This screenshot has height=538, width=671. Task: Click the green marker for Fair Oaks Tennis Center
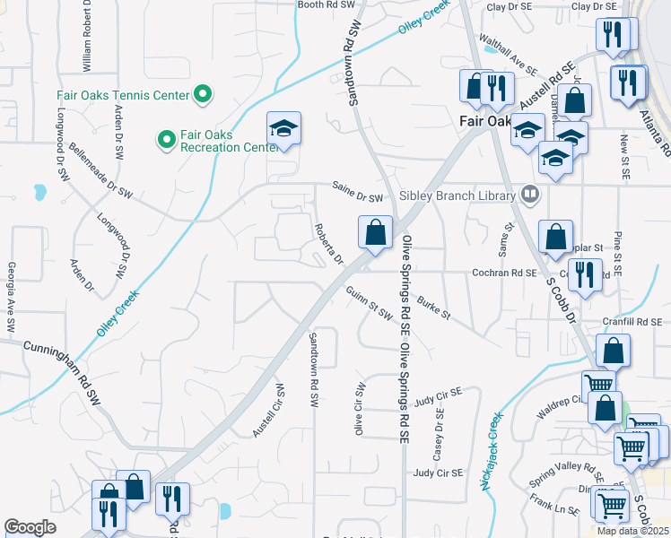[x=203, y=94]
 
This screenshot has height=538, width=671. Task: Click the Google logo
[x=30, y=527]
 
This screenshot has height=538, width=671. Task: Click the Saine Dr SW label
[x=357, y=197]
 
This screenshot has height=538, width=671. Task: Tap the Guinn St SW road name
[x=369, y=302]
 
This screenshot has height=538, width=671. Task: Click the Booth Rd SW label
[x=328, y=4]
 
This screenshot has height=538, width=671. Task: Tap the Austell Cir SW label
[x=266, y=412]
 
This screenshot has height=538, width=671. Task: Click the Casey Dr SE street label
[x=439, y=430]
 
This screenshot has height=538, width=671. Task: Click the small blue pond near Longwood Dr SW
[x=39, y=192]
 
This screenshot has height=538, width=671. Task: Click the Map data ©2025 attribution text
[x=632, y=530]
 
